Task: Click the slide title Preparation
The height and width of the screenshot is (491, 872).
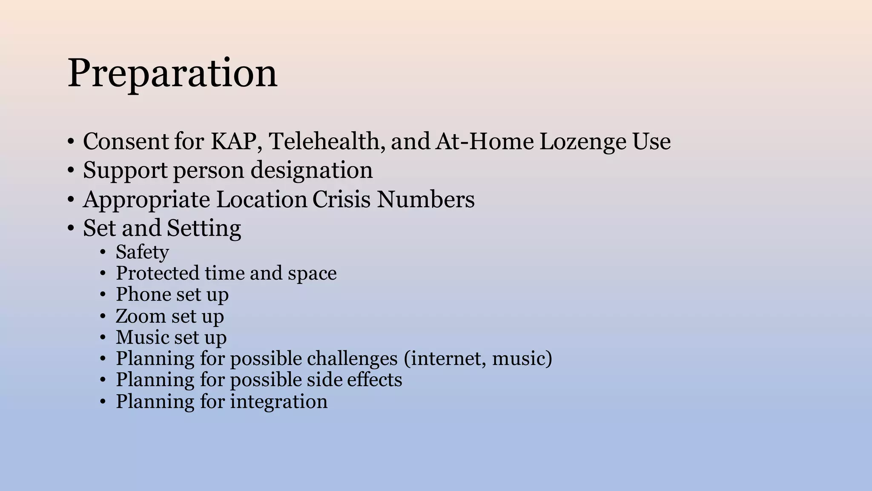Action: (172, 73)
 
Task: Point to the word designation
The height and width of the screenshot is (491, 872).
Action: (311, 170)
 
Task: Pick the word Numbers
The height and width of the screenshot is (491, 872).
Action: (425, 199)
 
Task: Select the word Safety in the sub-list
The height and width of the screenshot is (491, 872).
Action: (142, 252)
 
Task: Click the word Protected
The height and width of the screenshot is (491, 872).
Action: (158, 273)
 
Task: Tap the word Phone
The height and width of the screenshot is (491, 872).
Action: (143, 295)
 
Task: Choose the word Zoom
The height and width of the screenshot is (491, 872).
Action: (141, 316)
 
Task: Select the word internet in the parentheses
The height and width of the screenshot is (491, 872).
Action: (446, 358)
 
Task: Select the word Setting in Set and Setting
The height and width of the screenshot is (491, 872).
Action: (204, 228)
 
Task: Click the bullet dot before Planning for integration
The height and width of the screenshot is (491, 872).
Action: (103, 402)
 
